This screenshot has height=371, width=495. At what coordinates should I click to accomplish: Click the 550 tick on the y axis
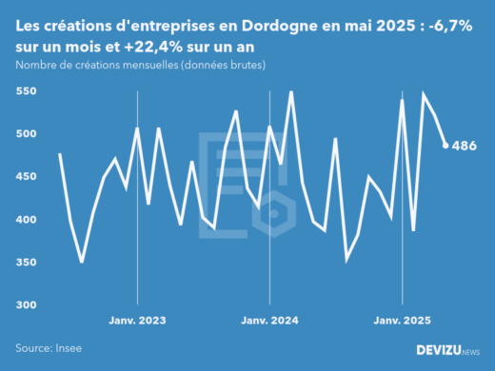26,91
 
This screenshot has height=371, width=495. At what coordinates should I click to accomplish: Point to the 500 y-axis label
26,134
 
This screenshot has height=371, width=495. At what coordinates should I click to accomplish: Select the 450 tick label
26,177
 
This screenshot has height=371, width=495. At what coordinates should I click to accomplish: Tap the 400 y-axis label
26,220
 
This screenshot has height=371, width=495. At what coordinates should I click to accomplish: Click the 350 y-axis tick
26,263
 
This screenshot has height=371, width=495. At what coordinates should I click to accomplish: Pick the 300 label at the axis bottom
26,305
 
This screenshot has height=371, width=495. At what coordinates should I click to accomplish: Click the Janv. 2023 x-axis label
138,322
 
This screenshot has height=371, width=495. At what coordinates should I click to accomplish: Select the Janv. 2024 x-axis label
270,322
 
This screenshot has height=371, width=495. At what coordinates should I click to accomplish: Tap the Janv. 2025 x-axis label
403,322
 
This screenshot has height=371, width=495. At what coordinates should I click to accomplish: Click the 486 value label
464,146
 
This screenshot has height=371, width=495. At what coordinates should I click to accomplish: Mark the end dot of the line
445,146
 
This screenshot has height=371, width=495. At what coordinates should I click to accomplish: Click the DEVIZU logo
447,350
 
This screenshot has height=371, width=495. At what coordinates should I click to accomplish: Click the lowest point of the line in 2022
82,262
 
